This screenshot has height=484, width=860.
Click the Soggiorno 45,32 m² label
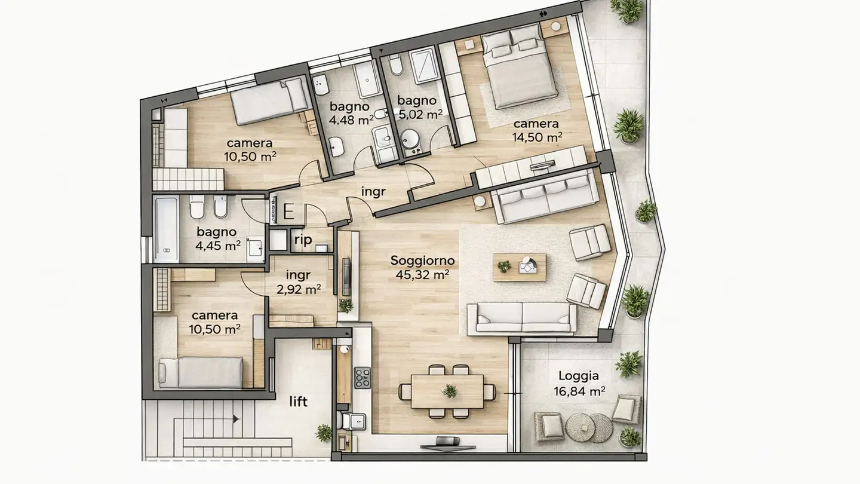(x=422, y=268)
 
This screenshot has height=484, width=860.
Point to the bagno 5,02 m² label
(x=420, y=107)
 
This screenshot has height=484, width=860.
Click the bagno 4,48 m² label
(x=352, y=114)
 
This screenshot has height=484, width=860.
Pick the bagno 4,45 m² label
(x=217, y=238)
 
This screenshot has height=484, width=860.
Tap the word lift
(x=298, y=402)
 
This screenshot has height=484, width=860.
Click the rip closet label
(x=303, y=240)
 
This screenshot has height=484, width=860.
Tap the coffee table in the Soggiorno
(x=519, y=267)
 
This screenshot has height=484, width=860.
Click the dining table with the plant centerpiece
(x=447, y=391)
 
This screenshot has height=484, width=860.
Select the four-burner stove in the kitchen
(x=362, y=378)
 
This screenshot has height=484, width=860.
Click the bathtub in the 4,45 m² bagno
(x=166, y=229)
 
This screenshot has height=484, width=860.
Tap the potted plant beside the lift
(x=324, y=433)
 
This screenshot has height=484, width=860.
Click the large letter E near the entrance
(x=288, y=212)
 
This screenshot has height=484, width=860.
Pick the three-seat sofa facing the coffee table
(x=521, y=317)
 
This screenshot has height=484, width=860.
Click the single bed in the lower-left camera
(x=200, y=372)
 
